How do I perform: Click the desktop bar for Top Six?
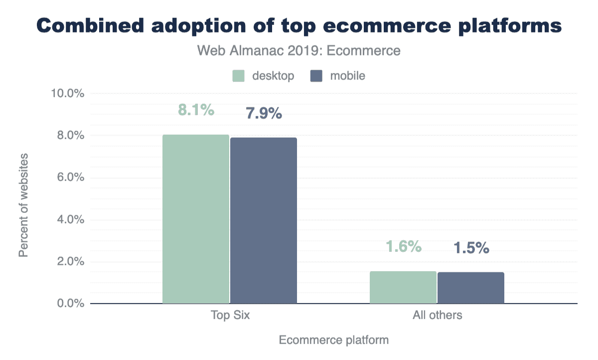196,219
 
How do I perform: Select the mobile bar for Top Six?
263,220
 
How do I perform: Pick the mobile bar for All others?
470,288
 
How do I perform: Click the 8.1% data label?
196,110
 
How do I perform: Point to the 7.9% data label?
264,114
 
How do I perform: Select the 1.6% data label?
404,246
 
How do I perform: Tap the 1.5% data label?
471,248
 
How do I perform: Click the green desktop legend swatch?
238,76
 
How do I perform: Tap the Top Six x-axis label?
229,315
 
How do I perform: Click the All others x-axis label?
437,315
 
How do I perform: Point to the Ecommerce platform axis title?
333,341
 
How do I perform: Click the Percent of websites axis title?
23,205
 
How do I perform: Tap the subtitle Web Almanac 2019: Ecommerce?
299,51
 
